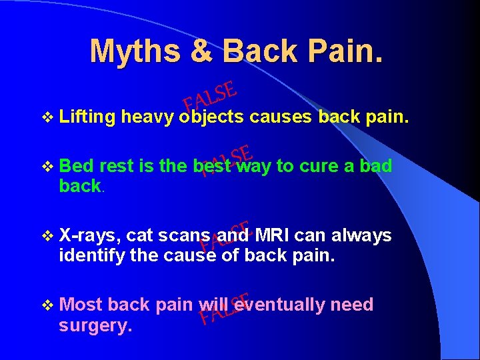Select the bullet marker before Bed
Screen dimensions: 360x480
[x=46, y=166]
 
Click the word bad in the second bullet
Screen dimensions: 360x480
[x=375, y=166]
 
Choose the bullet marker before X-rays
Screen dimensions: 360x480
[x=46, y=235]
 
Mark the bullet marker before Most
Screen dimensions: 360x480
[x=46, y=305]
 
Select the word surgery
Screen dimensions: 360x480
[x=95, y=325]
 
